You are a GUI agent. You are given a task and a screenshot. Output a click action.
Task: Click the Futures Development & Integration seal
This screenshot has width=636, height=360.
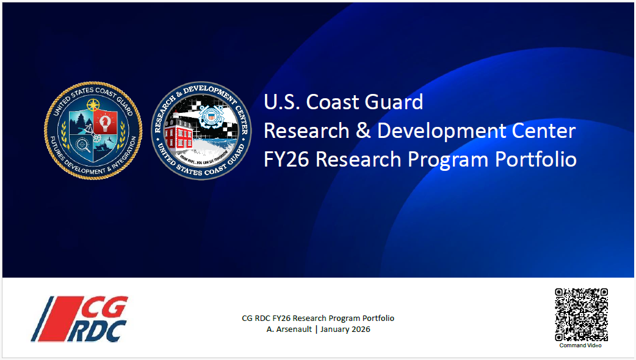[x=93, y=131]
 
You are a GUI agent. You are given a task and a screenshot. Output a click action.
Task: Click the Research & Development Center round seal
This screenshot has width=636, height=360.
[x=201, y=131]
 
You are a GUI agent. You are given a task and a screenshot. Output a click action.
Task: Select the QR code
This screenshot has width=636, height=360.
[x=581, y=315]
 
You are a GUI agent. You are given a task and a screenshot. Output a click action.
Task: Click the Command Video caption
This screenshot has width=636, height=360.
[x=580, y=345]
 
